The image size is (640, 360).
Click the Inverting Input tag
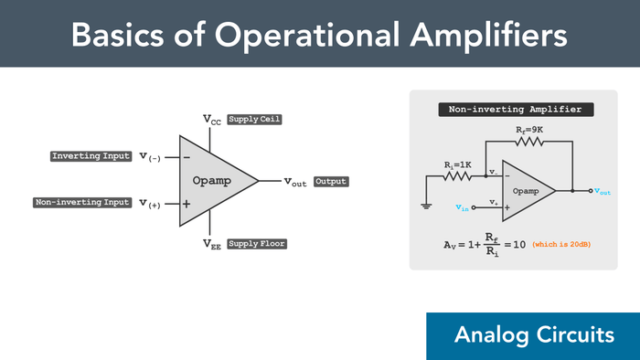[91, 156]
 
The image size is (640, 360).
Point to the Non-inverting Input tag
[82, 202]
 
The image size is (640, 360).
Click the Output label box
[331, 182]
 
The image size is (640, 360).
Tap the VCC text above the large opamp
[211, 120]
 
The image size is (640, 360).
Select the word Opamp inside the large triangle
[212, 181]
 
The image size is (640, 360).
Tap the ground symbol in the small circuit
[426, 206]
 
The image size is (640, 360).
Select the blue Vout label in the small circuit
[603, 192]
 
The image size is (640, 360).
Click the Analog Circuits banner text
[534, 335]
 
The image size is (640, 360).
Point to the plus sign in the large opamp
[186, 204]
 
